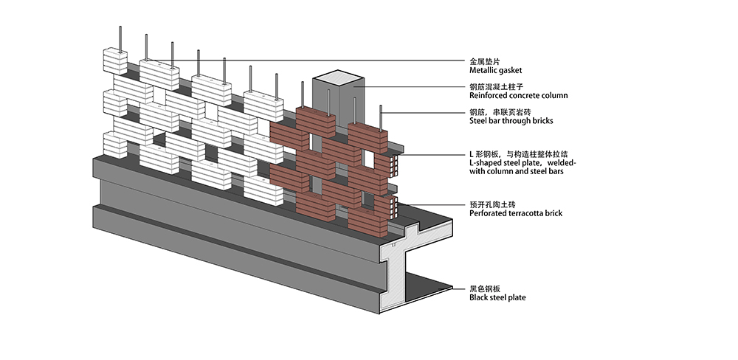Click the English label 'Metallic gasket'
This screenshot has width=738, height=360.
click(495, 71)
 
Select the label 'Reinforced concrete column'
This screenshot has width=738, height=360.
click(518, 96)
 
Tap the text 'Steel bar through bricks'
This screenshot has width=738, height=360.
click(511, 121)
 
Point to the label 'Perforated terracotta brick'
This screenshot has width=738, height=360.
click(515, 213)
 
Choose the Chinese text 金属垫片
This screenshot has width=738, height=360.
click(484, 61)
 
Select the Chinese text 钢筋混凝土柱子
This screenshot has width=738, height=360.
click(493, 86)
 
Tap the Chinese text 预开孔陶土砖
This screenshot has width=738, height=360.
click(491, 204)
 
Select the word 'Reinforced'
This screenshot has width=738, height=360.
click(489, 96)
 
